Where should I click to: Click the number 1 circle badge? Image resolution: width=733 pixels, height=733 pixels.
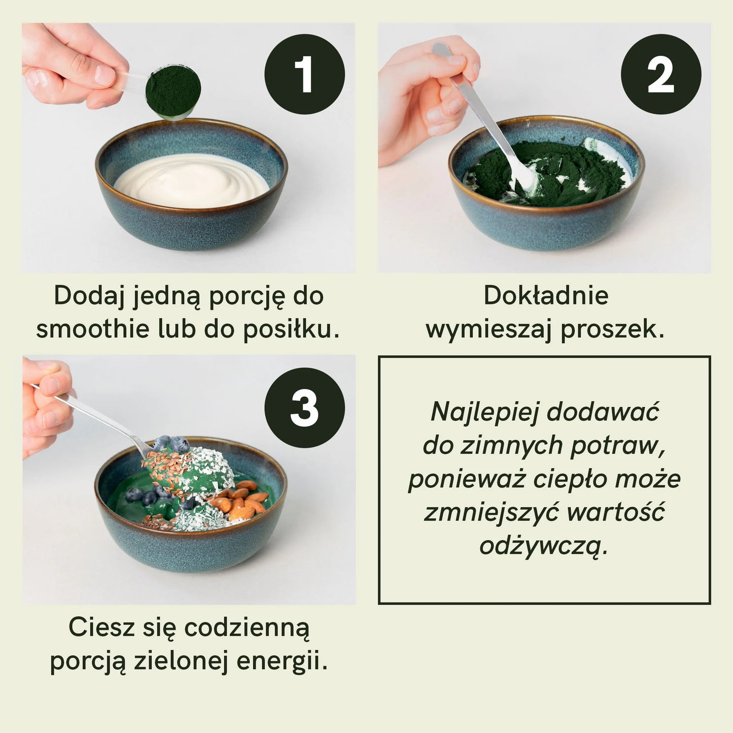304,74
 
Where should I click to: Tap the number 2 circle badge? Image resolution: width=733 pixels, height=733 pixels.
660,74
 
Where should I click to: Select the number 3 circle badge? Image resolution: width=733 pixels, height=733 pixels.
304,408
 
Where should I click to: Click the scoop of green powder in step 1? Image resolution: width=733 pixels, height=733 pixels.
172,92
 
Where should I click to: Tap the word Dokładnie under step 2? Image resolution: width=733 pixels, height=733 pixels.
546,296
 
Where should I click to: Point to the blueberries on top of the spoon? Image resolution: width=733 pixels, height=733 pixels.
170,444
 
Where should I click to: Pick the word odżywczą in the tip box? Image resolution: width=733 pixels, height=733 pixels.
543,547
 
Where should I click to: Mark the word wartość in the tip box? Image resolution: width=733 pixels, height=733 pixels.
615,513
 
